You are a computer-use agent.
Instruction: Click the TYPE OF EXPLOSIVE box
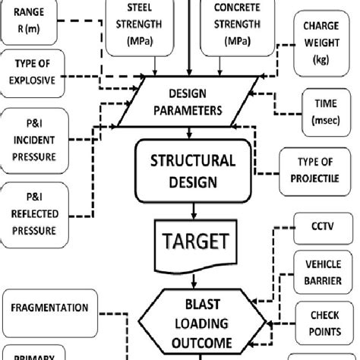[35, 74]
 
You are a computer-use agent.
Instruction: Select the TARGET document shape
[193, 244]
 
